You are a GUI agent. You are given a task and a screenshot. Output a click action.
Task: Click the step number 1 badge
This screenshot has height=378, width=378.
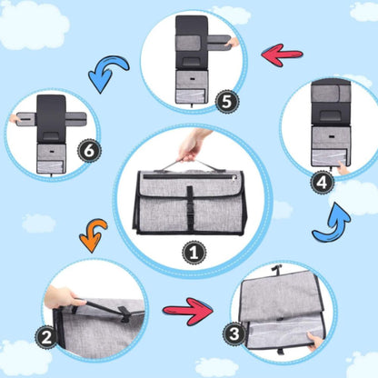194,252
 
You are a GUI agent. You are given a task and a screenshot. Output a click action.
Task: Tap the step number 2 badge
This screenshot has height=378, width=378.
46,337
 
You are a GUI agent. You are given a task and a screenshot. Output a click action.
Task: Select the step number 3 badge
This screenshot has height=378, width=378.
234,334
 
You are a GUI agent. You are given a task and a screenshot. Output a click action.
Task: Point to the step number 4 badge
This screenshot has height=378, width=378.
322,183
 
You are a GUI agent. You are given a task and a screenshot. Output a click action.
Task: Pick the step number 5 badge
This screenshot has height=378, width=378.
227,102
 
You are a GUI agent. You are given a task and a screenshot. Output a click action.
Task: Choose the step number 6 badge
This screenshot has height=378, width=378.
89,151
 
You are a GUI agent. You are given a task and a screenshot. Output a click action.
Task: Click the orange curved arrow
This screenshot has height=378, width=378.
93,235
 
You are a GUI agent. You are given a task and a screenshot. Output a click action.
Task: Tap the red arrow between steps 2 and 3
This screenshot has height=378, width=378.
188,312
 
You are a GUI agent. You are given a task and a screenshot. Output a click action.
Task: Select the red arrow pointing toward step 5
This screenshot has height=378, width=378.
282,55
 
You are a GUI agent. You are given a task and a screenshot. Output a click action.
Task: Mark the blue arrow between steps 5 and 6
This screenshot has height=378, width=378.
106,72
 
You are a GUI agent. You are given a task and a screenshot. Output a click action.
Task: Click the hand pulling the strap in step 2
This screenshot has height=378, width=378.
62,297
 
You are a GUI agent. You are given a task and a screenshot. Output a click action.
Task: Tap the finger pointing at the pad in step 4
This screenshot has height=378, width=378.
343,168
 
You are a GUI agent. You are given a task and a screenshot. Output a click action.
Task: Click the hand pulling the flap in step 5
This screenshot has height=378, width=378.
233,43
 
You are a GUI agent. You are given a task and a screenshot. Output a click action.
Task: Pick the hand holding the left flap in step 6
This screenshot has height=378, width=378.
15,119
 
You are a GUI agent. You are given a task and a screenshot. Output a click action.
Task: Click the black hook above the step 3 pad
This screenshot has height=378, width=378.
275,269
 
